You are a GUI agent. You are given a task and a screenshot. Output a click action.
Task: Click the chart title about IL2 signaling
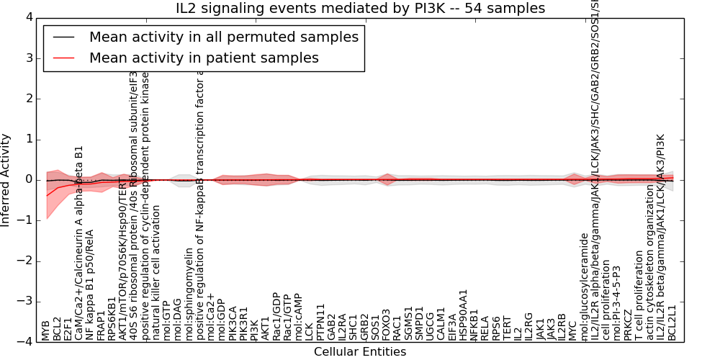pos(360,9)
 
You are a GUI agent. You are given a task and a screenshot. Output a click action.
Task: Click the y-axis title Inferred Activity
pos(6,179)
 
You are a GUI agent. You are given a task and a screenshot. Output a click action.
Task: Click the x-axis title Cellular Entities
pos(360,352)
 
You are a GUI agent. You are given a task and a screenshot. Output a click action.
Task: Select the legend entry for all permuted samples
pos(223,37)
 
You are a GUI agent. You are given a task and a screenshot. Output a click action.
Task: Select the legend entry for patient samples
pos(204,58)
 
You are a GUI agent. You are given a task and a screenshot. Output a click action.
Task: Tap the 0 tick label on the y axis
pos(28,179)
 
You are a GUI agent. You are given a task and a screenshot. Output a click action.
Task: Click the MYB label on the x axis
pos(45,330)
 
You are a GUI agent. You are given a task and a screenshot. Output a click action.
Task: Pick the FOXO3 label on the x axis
pos(387,325)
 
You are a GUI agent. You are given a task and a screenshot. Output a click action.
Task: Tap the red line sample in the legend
pos(63,58)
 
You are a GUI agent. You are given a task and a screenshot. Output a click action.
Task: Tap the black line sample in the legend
pos(63,37)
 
